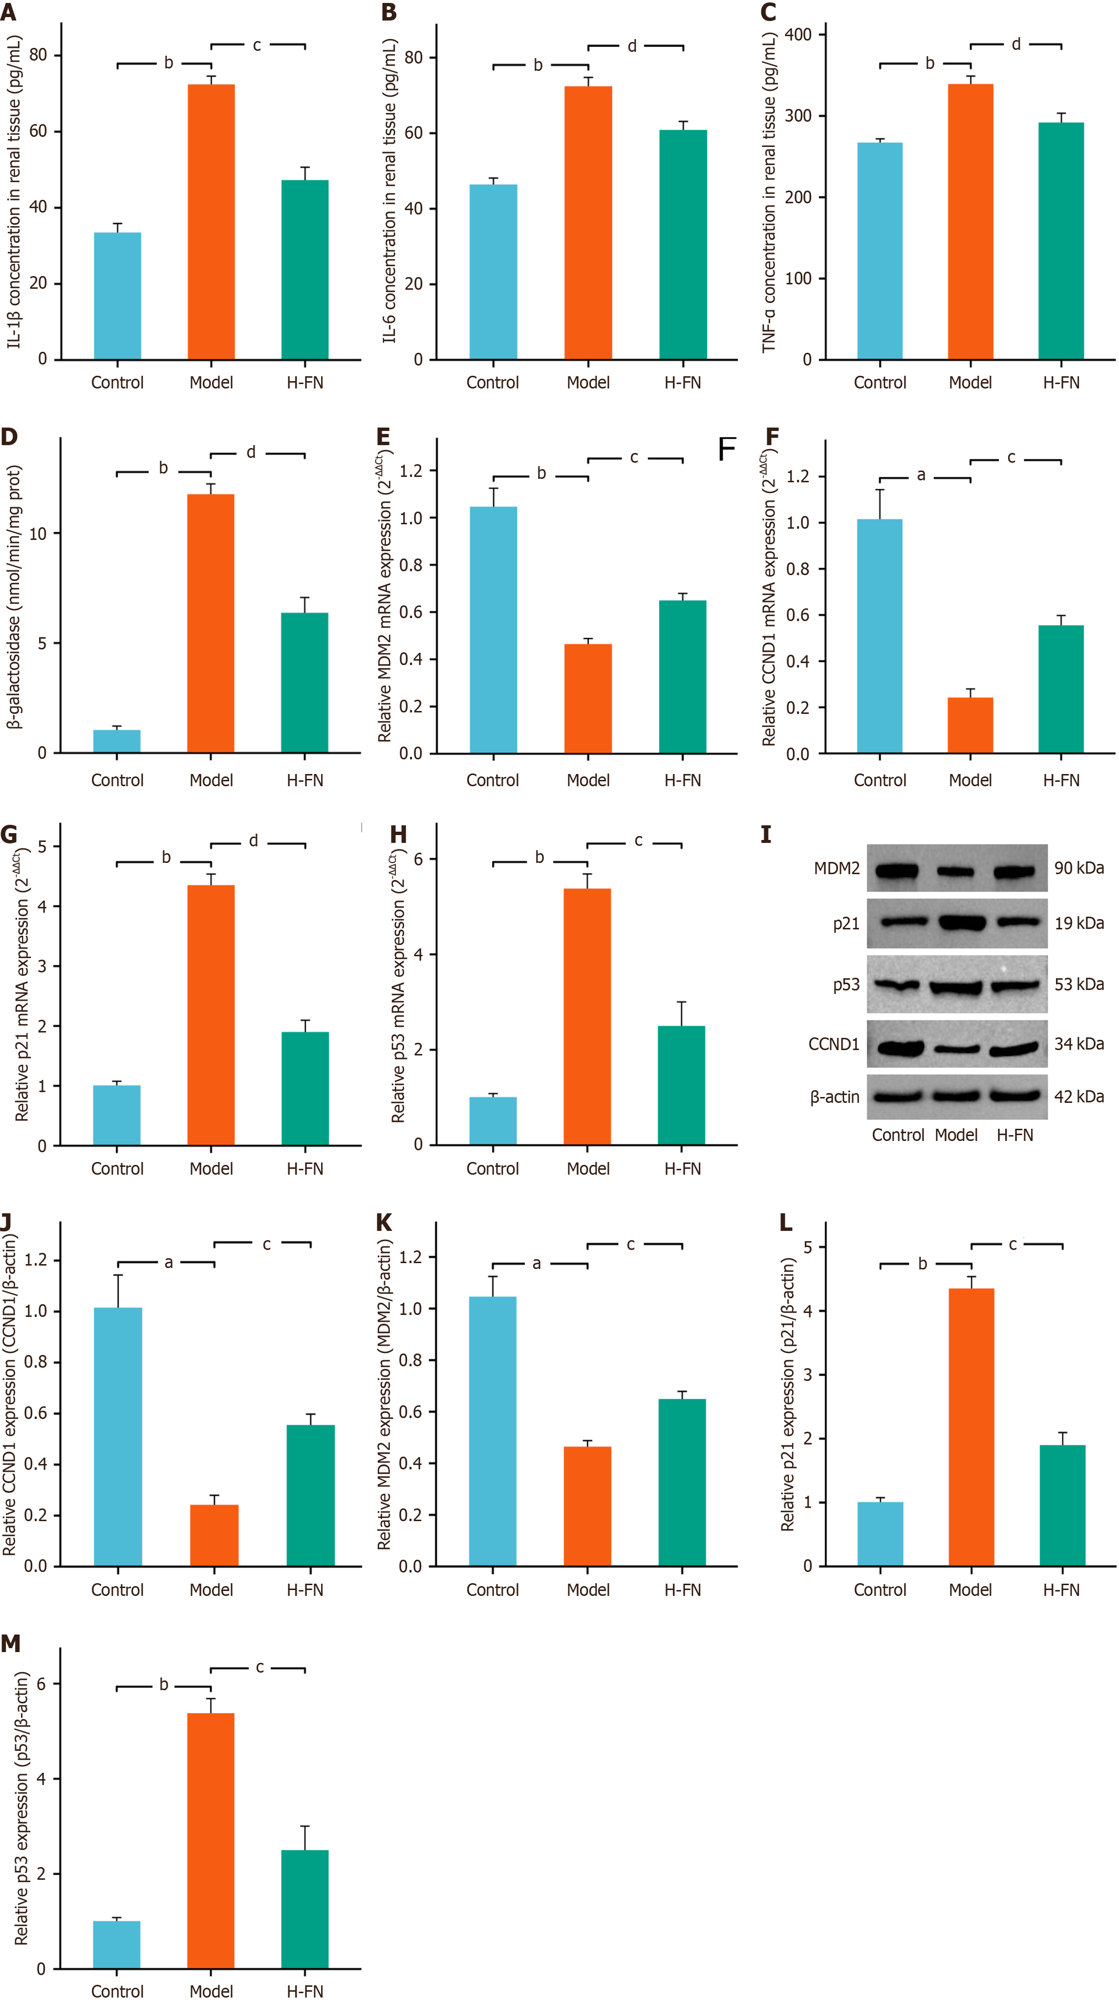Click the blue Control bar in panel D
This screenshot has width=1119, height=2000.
click(x=116, y=741)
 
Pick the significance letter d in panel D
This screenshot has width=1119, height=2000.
click(x=251, y=452)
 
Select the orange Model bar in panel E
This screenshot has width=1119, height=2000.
click(x=588, y=699)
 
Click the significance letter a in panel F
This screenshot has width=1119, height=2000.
click(x=921, y=475)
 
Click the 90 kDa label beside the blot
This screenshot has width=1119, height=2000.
click(x=1078, y=868)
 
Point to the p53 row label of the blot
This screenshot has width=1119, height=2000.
click(x=846, y=985)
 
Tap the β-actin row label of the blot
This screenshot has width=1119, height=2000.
click(x=835, y=1097)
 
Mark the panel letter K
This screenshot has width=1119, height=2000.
click(x=384, y=1223)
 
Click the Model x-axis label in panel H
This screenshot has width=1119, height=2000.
click(x=588, y=1168)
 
